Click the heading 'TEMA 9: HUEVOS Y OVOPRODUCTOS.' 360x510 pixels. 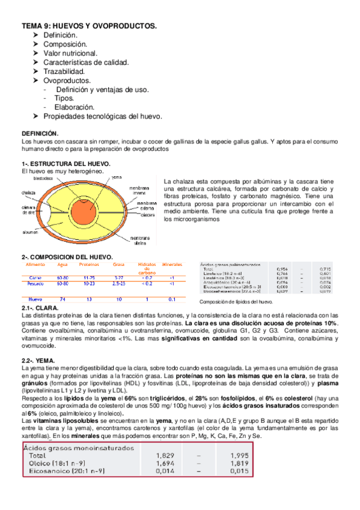tap(89, 26)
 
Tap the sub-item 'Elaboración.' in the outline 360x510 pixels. tap(73, 107)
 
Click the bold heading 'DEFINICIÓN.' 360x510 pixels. tap(40, 133)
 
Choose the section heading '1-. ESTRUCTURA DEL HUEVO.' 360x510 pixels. tap(66, 164)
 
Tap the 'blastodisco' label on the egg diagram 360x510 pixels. tap(44, 178)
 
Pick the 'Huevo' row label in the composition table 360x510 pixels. tap(35, 299)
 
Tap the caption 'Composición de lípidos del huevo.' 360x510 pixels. tap(236, 301)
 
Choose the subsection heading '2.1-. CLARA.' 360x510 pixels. tap(40, 308)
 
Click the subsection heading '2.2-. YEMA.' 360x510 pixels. tap(38, 360)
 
